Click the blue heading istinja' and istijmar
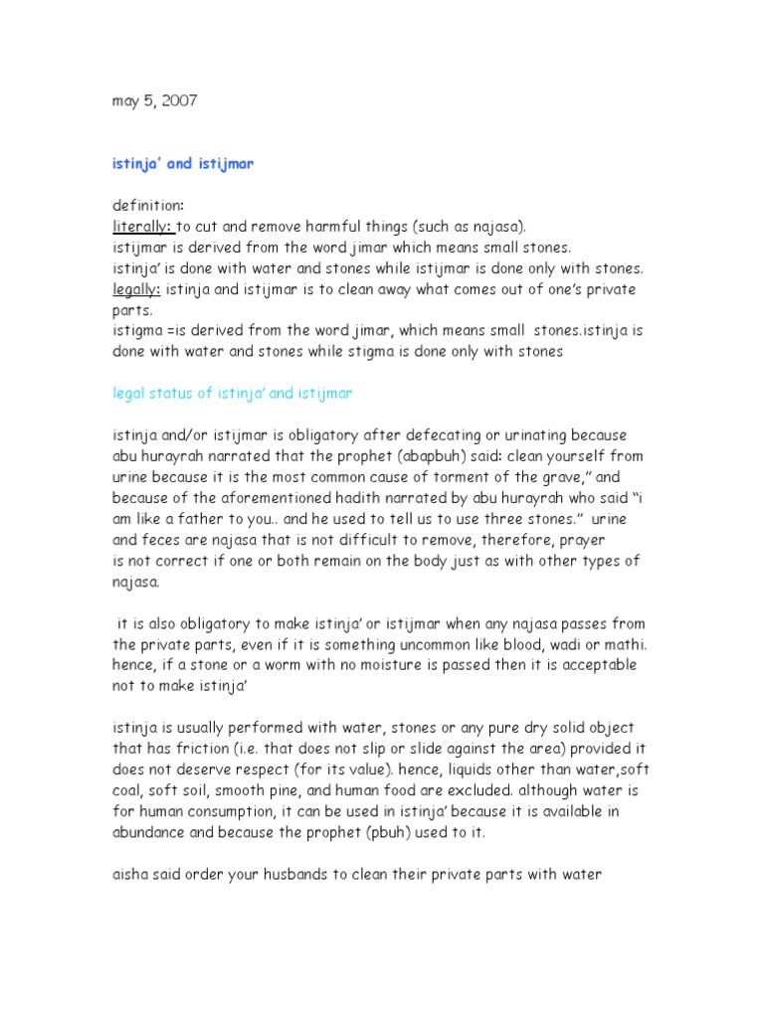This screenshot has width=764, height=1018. [182, 163]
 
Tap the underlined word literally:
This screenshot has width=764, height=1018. [143, 226]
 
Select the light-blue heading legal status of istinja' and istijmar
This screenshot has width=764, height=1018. [232, 394]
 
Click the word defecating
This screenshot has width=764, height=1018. [447, 435]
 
